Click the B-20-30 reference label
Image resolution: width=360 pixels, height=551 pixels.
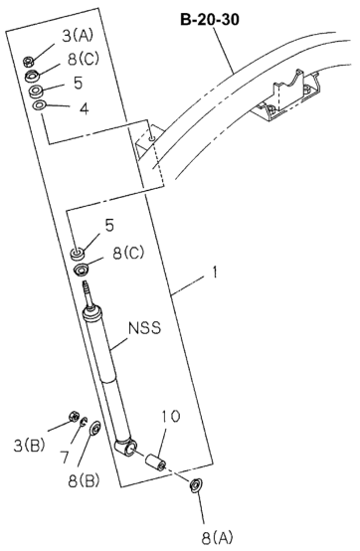210,20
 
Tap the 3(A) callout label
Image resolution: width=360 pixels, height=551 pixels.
78,35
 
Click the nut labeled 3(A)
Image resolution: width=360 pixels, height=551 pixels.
28,62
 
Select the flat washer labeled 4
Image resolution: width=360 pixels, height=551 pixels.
39,105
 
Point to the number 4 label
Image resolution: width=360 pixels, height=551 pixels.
84,109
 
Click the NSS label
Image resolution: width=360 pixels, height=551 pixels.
144,328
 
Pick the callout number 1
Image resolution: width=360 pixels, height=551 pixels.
214,273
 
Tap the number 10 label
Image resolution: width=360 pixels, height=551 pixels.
171,416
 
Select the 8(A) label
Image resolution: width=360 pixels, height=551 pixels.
217,537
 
